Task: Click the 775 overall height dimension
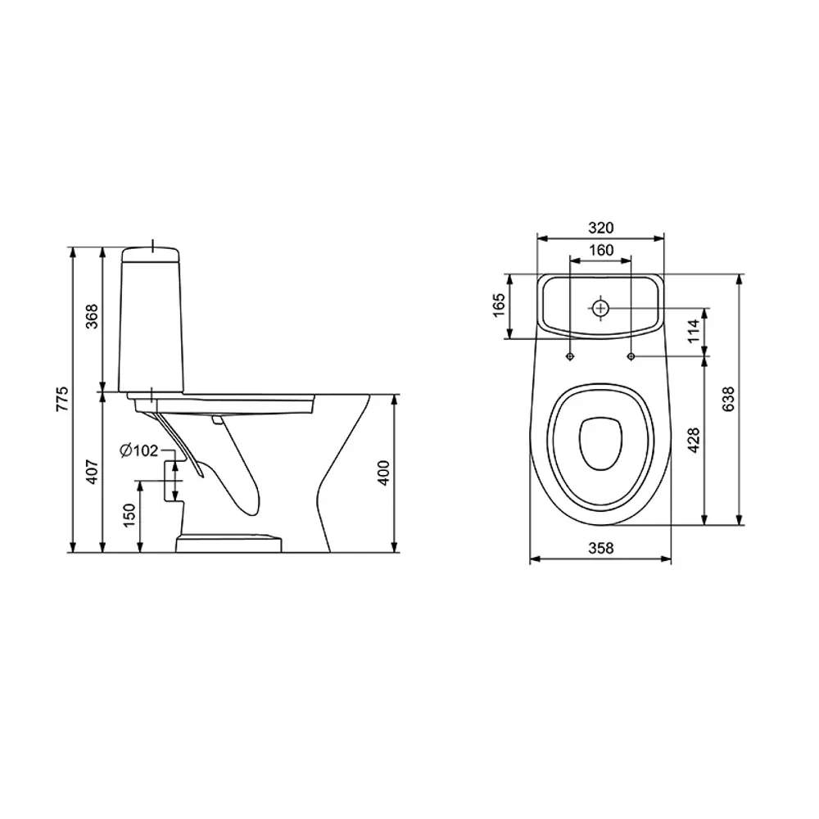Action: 62,399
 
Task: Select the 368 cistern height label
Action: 92,316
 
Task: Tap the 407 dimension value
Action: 92,472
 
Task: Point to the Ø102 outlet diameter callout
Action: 139,450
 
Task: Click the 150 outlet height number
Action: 129,515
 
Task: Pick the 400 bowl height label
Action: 383,473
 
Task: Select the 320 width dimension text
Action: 600,228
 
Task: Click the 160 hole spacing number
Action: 601,250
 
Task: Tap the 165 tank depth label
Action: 499,305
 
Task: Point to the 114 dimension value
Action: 693,331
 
